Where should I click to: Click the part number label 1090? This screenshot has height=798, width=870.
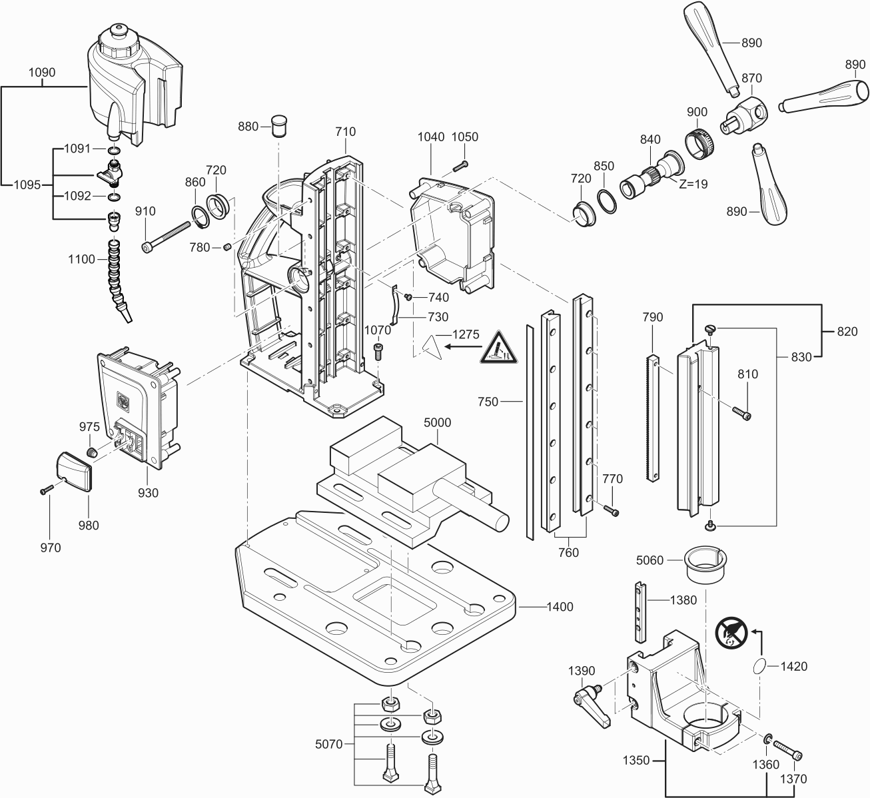click(43, 72)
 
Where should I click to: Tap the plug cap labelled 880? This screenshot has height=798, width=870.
click(280, 124)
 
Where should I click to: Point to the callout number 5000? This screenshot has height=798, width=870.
click(437, 422)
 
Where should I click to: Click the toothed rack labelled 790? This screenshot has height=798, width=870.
click(653, 418)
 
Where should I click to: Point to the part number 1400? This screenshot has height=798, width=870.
click(560, 607)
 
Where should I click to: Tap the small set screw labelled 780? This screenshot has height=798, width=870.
click(226, 247)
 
